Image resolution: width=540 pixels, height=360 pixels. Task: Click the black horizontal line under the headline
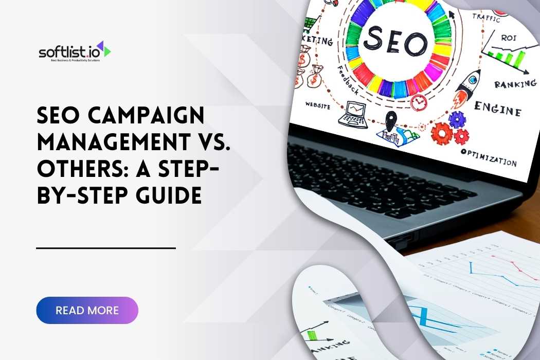tap(106, 248)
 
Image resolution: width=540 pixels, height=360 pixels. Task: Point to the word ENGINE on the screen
tap(497, 109)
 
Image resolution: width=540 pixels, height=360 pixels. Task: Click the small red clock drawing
tap(419, 101)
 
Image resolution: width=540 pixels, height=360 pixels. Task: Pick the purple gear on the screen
tap(457, 119)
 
